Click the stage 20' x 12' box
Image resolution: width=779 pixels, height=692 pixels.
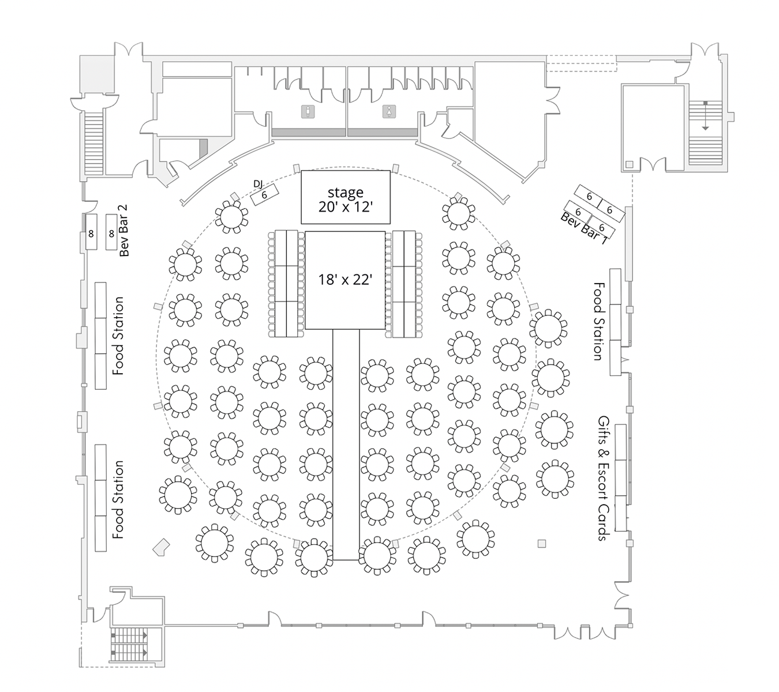pyautogui.click(x=345, y=197)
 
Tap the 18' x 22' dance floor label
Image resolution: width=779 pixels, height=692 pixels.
pyautogui.click(x=345, y=280)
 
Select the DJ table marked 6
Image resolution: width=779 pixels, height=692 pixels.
pyautogui.click(x=265, y=195)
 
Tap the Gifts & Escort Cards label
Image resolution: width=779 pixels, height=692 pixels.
pyautogui.click(x=603, y=478)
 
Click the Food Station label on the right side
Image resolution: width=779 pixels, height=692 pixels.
pyautogui.click(x=598, y=321)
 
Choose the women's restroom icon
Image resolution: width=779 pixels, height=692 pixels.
pyautogui.click(x=390, y=111)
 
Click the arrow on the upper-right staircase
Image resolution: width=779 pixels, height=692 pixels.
pyautogui.click(x=705, y=115)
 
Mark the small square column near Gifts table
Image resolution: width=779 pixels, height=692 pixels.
pyautogui.click(x=541, y=543)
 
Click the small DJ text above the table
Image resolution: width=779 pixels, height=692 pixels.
pyautogui.click(x=258, y=183)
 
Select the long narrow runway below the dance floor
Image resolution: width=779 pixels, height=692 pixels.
pyautogui.click(x=346, y=444)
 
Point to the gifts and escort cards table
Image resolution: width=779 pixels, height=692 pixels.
pyautogui.click(x=621, y=477)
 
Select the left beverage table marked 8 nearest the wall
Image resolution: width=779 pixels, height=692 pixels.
pyautogui.click(x=91, y=232)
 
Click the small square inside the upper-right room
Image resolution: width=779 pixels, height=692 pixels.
pyautogui.click(x=629, y=164)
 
